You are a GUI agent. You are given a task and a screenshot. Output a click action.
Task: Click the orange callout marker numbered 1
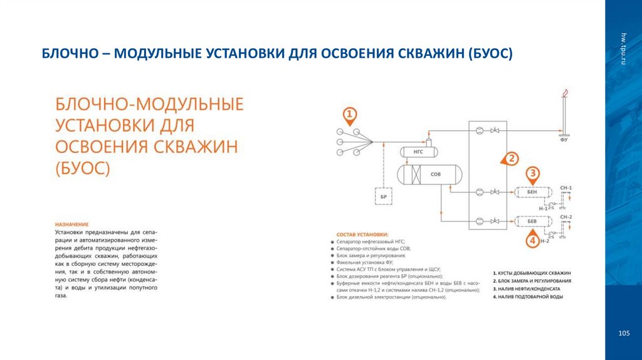(350, 115)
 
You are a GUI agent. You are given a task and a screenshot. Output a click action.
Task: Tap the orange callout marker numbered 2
(511, 159)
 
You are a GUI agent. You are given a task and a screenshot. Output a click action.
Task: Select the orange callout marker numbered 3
(532, 174)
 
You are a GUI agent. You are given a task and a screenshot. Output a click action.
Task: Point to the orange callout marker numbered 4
(532, 240)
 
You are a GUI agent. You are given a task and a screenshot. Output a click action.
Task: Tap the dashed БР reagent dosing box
(384, 196)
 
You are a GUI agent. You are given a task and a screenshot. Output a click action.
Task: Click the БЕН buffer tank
(532, 191)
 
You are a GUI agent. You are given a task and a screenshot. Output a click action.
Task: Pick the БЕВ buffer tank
(532, 221)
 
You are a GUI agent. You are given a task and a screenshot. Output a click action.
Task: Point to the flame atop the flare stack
(565, 94)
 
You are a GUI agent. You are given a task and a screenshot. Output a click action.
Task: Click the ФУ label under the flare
(564, 140)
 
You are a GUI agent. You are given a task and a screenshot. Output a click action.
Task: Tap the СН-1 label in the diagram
(566, 188)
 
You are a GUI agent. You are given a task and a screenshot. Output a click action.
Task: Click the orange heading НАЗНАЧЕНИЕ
(71, 225)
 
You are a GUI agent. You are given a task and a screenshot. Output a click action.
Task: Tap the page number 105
(623, 332)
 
